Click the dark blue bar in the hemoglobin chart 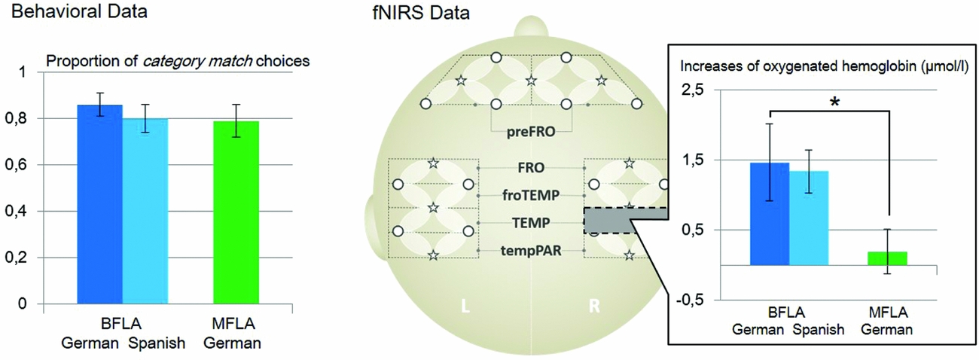coord(770,215)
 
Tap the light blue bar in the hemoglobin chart coord(808,218)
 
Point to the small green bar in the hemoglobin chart coord(888,258)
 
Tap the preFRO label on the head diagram coord(531,131)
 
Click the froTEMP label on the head coord(532,195)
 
